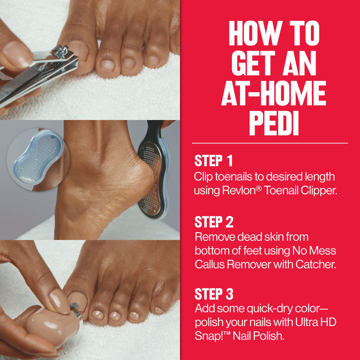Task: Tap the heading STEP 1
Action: (x=213, y=161)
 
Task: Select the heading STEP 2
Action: (x=214, y=222)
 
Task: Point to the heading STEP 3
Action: (x=214, y=294)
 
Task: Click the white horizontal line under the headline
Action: (x=270, y=143)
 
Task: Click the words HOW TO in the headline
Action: (x=274, y=34)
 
